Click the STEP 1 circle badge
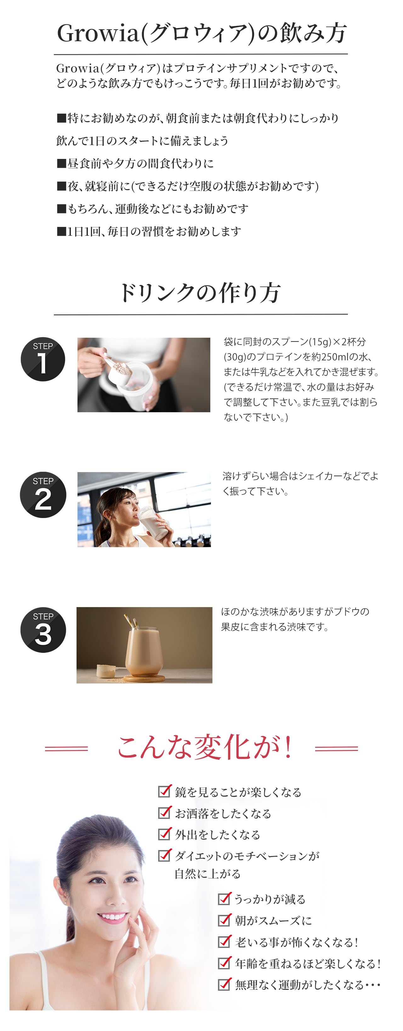[x=43, y=359]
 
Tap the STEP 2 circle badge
[x=43, y=495]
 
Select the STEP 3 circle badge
[x=43, y=630]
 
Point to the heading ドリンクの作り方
[x=200, y=293]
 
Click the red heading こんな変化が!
[x=204, y=748]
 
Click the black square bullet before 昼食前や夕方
[x=61, y=163]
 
